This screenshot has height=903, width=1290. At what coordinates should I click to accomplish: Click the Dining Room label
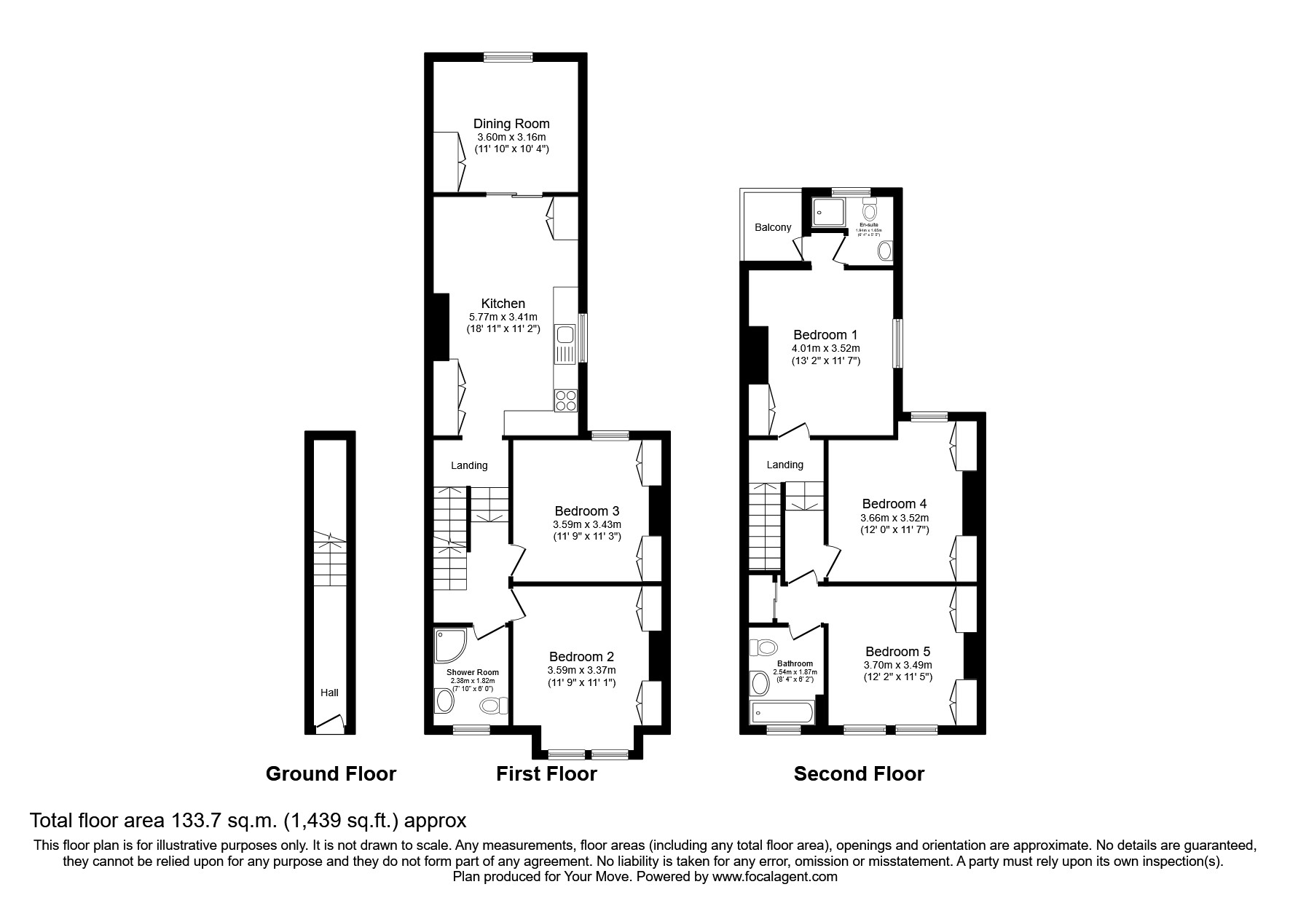tap(511, 124)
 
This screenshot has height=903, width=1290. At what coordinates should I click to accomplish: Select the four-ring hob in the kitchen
tap(566, 401)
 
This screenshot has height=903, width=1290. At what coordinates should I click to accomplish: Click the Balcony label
tap(773, 227)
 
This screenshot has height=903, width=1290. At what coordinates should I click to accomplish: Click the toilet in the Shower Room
tap(493, 705)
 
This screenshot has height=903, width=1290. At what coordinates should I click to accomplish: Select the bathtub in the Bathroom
tap(781, 713)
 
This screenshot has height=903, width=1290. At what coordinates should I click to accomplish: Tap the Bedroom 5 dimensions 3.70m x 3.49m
tap(897, 665)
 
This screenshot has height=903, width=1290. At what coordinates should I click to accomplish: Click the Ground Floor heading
tap(331, 773)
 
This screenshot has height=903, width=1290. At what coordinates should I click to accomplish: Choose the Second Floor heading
tap(859, 773)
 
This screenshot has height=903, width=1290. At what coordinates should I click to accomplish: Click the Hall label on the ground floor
tap(329, 693)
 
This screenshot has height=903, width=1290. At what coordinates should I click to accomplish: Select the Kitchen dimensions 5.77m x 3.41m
tap(503, 317)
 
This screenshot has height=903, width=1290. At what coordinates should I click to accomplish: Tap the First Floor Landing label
tap(469, 465)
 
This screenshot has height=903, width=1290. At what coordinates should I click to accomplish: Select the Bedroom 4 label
tap(894, 504)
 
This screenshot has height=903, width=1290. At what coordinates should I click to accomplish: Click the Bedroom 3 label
tap(586, 511)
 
